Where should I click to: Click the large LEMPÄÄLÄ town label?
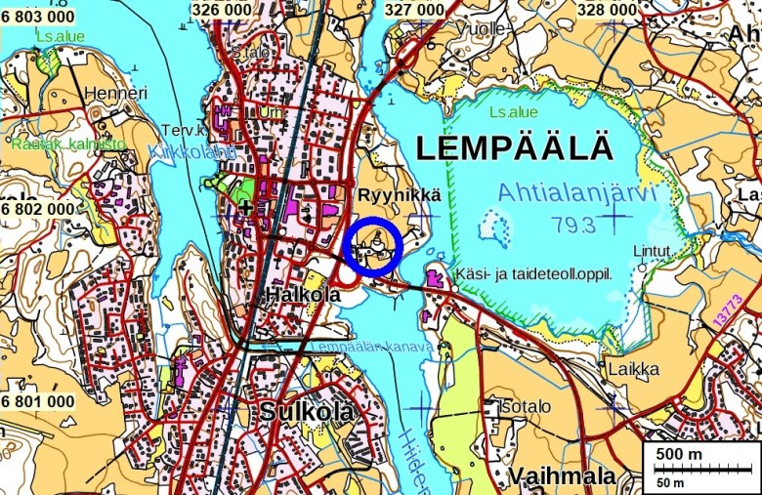tap(515, 149)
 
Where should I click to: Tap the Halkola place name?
tap(303, 294)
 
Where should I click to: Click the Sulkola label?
tap(306, 412)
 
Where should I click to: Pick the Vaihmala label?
tap(562, 476)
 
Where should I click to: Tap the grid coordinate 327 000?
tap(414, 9)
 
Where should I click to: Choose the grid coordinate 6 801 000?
tap(38, 401)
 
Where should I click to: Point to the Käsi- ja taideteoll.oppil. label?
tap(533, 274)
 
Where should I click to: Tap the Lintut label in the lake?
tap(652, 251)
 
